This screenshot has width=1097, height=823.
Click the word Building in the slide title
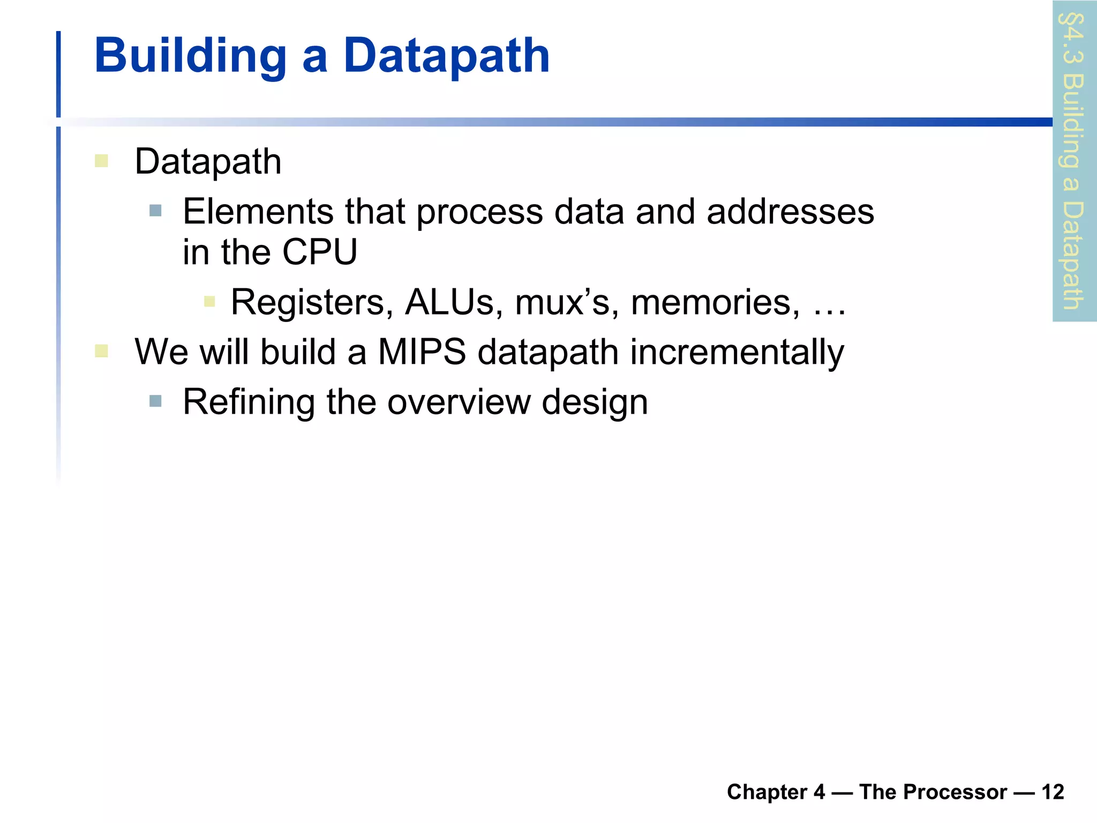[191, 56]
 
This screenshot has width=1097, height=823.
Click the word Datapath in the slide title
[446, 56]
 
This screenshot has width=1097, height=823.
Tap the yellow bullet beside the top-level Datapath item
[101, 161]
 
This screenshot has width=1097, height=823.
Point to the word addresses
[790, 211]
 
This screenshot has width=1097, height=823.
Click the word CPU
[319, 252]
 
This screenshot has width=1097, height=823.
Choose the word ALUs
[454, 302]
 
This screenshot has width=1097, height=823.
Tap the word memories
[716, 302]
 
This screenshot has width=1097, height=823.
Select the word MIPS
[422, 352]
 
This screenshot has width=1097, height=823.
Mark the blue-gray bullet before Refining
[155, 401]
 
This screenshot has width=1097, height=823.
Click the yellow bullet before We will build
[101, 351]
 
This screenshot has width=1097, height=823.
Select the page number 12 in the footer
[1053, 792]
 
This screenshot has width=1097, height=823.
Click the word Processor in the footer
[933, 792]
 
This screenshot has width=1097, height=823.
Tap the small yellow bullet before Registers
[209, 302]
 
